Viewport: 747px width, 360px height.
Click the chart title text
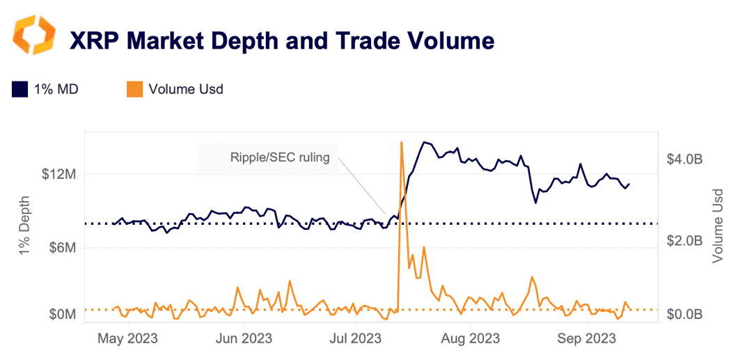pyautogui.click(x=282, y=41)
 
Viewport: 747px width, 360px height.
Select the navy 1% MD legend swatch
pyautogui.click(x=19, y=89)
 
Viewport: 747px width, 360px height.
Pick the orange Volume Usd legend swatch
pyautogui.click(x=135, y=89)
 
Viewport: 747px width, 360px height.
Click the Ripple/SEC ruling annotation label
pyautogui.click(x=280, y=157)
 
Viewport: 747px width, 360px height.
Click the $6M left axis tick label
pyautogui.click(x=61, y=248)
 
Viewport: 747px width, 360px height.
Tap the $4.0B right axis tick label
pyautogui.click(x=684, y=159)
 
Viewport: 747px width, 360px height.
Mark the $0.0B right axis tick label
pyautogui.click(x=684, y=315)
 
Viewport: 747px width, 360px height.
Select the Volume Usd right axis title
pyautogui.click(x=718, y=226)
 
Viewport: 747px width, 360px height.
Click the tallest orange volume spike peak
pyautogui.click(x=402, y=143)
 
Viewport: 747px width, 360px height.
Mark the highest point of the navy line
pyautogui.click(x=424, y=143)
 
